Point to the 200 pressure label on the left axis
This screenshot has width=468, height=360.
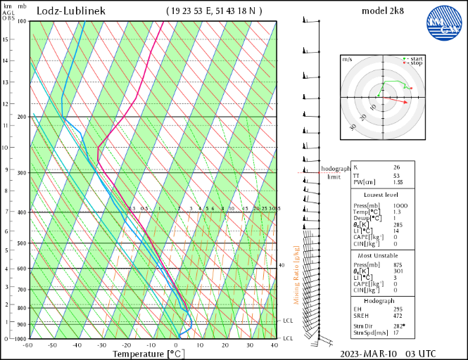[x=21, y=117]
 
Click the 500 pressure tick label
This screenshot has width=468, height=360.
[x=21, y=243]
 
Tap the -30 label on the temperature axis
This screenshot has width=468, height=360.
[x=102, y=345]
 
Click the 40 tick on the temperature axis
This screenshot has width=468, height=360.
[x=273, y=345]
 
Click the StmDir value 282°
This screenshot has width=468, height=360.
[x=399, y=326]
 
